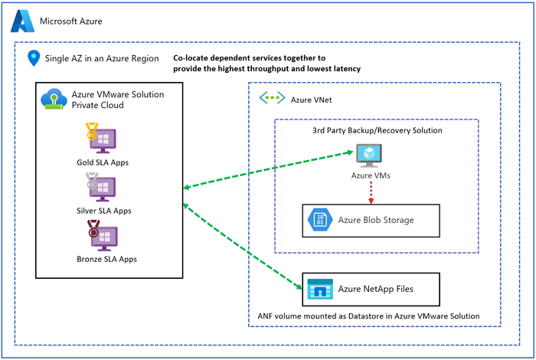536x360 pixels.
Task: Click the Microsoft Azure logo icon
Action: click(x=21, y=21)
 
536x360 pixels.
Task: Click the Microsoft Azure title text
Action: click(x=70, y=21)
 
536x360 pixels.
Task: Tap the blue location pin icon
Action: click(x=34, y=58)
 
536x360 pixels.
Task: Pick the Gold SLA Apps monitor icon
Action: click(x=102, y=139)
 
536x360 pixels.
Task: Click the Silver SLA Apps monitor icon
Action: click(x=102, y=187)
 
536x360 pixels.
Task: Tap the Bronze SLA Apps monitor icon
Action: click(x=102, y=235)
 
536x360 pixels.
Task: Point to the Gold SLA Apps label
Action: click(x=103, y=162)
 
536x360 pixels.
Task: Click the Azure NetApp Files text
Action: click(x=377, y=289)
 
